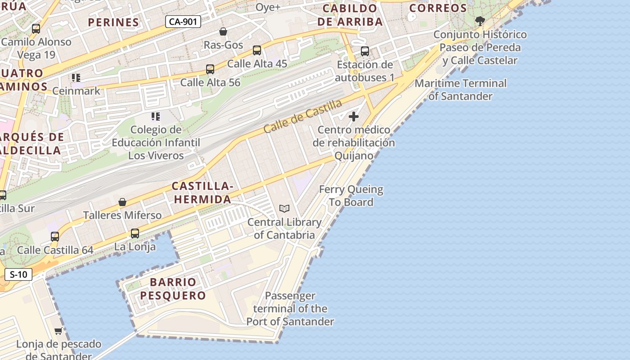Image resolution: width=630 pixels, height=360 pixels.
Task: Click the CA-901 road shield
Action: [183, 22]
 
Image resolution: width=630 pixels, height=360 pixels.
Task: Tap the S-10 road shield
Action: [18, 274]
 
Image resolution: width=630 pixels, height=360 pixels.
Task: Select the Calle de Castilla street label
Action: [302, 117]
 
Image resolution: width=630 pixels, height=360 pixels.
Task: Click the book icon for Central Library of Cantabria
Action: [284, 208]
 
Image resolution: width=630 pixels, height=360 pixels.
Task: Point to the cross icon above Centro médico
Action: [354, 117]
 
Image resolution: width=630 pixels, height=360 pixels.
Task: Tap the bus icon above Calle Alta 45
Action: [257, 50]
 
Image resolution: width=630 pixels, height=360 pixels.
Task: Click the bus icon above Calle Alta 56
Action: [210, 69]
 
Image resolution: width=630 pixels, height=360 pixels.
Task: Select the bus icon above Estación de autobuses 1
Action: [365, 51]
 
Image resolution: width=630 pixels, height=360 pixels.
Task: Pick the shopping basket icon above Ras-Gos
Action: [223, 31]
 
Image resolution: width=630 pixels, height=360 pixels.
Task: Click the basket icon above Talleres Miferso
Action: [122, 202]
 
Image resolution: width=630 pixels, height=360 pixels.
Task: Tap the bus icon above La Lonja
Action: [135, 234]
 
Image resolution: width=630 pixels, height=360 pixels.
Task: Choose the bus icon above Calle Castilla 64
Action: [55, 237]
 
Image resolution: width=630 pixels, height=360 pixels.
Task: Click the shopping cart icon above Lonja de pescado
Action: [58, 331]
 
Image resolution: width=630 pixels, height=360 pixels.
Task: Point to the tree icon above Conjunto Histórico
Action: [480, 21]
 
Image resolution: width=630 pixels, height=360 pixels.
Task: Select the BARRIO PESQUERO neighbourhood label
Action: [173, 289]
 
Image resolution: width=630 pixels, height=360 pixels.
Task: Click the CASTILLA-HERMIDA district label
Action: [202, 193]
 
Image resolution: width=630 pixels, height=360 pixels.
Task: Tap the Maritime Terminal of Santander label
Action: [460, 90]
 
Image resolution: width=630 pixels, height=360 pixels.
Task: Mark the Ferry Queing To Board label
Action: [351, 196]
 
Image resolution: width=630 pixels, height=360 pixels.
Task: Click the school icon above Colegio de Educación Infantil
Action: [156, 117]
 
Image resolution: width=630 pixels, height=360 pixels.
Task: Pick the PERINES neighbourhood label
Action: [113, 22]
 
